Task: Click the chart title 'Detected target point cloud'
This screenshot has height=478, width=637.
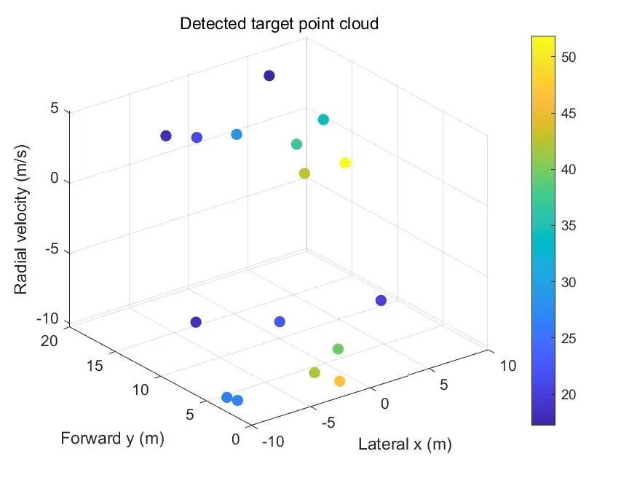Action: point(279,23)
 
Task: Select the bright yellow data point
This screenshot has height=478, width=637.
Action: point(345,163)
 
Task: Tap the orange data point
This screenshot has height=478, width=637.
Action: point(340,381)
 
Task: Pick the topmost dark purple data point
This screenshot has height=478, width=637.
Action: point(269,76)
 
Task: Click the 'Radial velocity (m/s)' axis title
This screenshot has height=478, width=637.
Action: point(21,219)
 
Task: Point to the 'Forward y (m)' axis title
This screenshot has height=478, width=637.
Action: point(113,439)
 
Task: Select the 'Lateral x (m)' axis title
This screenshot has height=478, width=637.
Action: point(405,444)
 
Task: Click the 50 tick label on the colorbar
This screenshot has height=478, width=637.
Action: point(569,58)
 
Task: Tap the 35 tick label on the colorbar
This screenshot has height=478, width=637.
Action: point(569,226)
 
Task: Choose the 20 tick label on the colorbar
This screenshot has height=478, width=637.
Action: point(569,394)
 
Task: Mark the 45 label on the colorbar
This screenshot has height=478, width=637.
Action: point(569,114)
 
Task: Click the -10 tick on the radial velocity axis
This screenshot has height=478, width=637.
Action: point(48,319)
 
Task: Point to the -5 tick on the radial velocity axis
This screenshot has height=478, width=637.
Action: point(52,248)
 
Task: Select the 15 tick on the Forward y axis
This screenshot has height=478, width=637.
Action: point(95,366)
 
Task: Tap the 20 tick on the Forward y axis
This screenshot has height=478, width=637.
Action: point(50,340)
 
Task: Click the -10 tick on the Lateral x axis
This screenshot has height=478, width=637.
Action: point(273,441)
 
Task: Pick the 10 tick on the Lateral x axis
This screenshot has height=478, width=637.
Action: point(508,366)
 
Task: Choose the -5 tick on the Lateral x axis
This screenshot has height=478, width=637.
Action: point(328,423)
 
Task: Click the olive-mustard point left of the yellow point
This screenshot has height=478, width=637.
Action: point(304,173)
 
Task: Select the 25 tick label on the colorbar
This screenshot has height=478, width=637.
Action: point(569,338)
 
